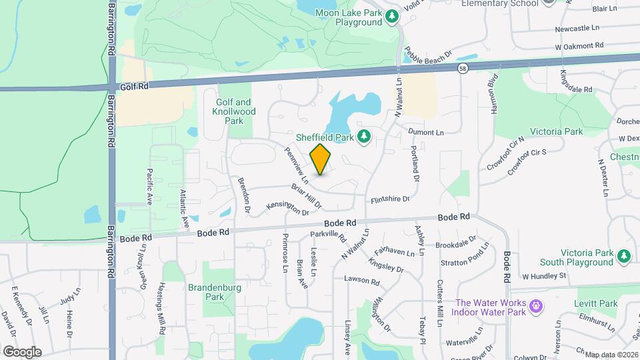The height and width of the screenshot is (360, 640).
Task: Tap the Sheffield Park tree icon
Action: [364, 137]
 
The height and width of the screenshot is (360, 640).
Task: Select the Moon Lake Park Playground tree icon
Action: [393, 17]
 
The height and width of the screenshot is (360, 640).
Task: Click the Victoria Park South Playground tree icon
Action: [624, 257]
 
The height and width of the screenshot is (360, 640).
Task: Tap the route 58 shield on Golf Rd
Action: [463, 68]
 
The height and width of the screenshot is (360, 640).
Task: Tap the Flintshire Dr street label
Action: [389, 199]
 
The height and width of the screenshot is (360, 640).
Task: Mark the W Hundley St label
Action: [544, 275]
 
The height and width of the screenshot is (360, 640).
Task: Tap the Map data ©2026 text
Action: [611, 354]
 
